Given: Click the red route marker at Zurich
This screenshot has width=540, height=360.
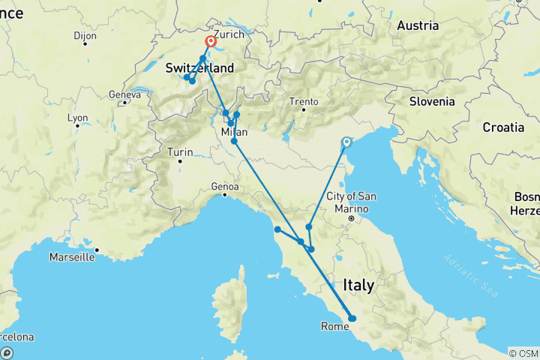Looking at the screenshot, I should point(211,42).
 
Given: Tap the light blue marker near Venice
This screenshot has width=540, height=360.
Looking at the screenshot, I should point(346,142).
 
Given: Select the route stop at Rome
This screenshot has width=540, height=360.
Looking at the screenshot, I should point(352,319).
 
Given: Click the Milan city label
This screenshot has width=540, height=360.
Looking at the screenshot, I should point(234,132).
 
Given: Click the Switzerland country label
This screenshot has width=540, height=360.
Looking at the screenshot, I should point(199,68).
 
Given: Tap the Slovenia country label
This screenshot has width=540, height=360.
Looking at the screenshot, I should point(432,101).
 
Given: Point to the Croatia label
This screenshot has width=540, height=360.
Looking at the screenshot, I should point(503,127).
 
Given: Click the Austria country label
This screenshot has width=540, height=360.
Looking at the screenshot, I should point(418,25).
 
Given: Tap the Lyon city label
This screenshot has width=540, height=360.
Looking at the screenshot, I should point(77,118).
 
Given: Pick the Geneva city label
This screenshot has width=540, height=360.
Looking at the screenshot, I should point(124,94).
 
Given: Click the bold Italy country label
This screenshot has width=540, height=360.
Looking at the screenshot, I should point(358,285).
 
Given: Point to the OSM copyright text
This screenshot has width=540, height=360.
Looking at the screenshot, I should point(523,352).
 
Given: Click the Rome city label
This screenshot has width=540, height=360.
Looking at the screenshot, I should point(333,326).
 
